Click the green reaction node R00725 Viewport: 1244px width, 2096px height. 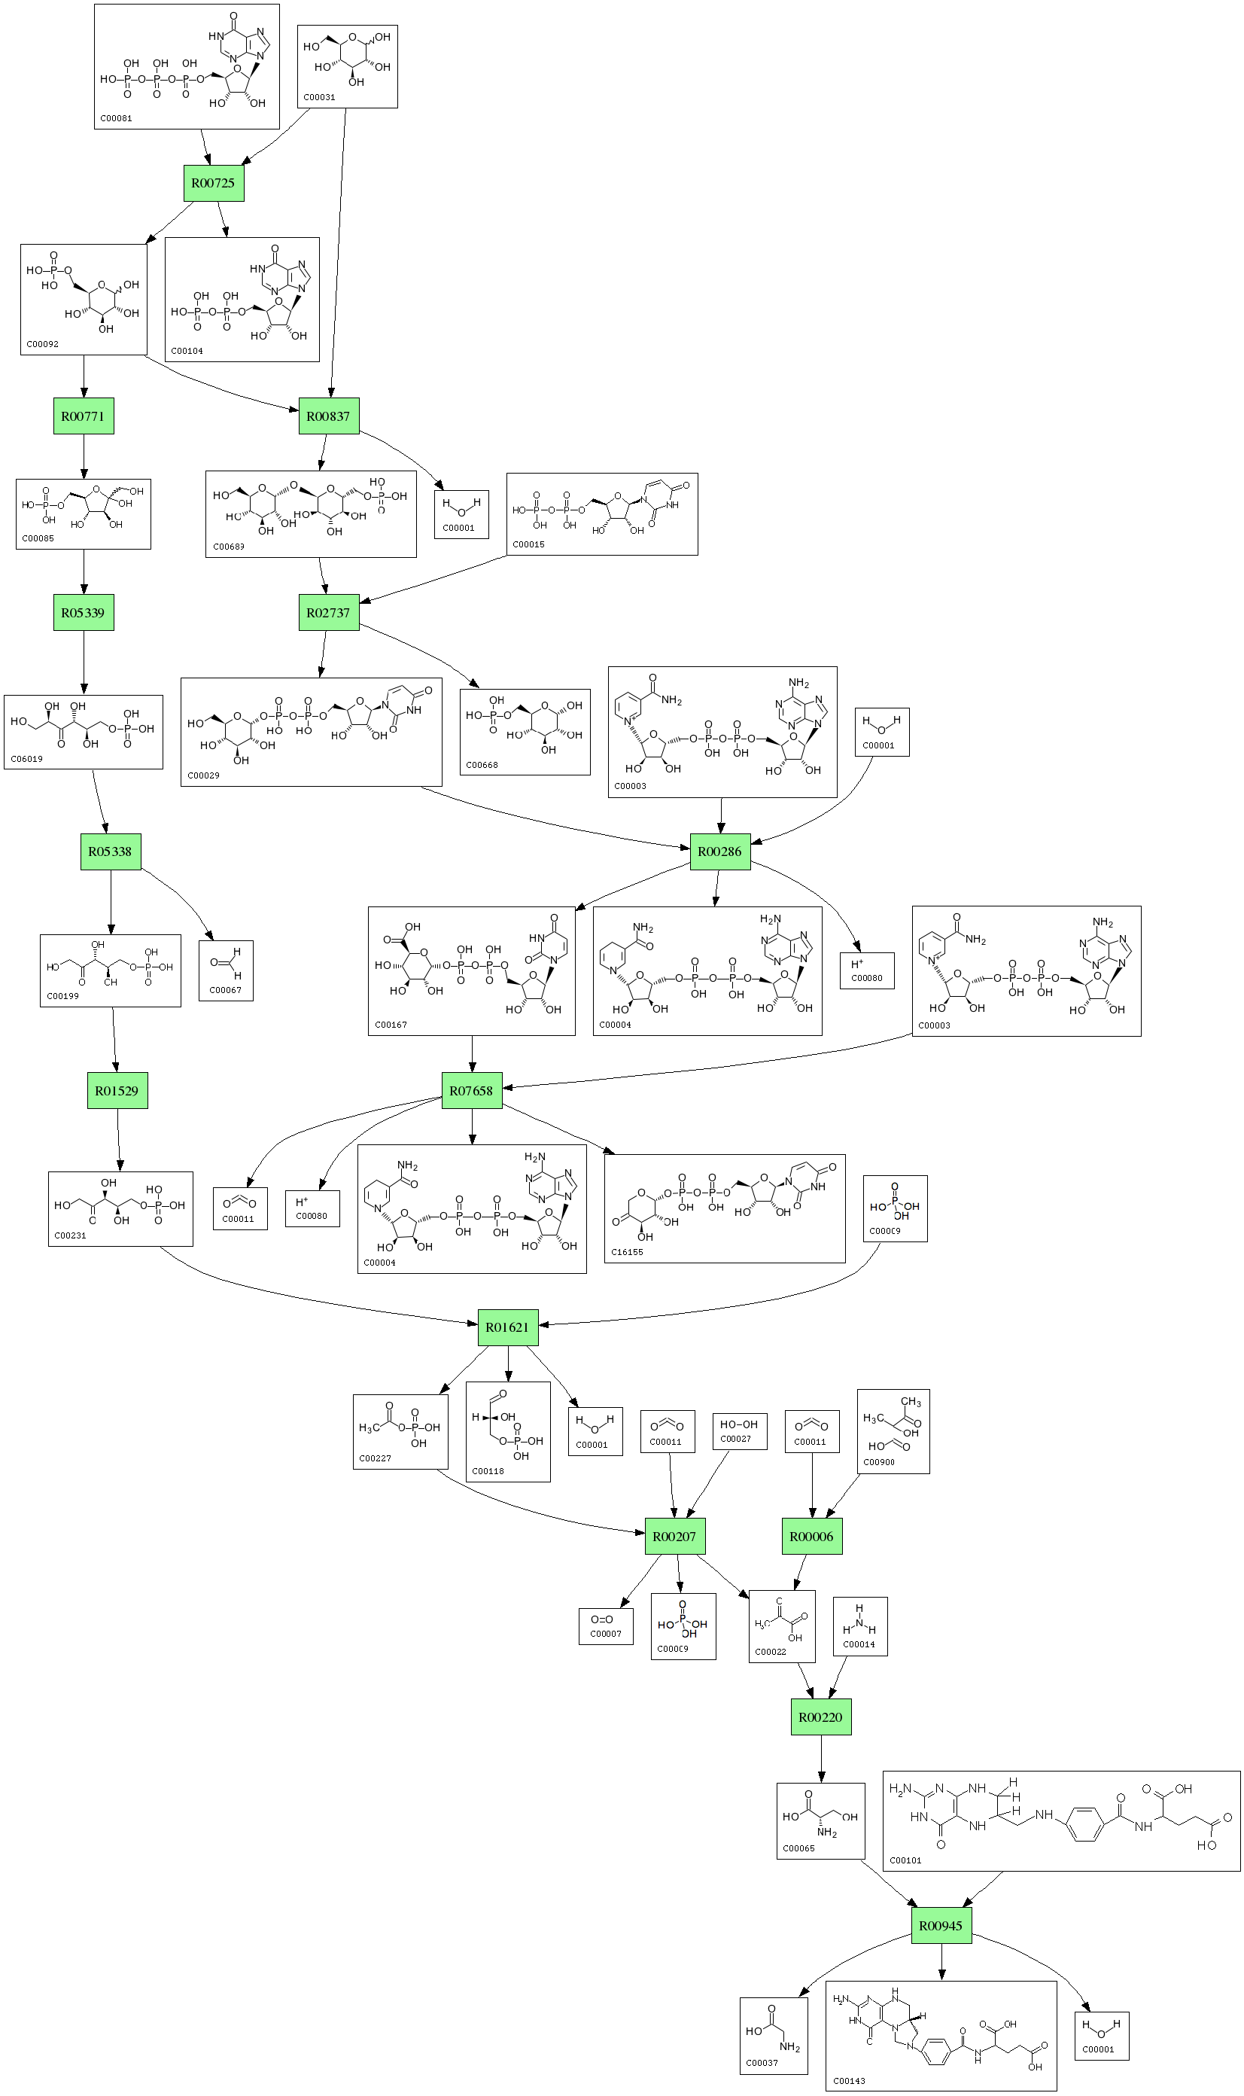[x=214, y=184]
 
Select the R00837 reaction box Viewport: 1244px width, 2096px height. [x=329, y=416]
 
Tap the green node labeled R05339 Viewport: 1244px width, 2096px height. [x=84, y=613]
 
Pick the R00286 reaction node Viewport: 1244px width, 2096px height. [x=720, y=851]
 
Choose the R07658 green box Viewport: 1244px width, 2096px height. [x=472, y=1091]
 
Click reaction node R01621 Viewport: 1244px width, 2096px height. [x=508, y=1327]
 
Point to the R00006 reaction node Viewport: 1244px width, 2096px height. [x=811, y=1537]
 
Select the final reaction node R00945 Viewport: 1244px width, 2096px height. [x=941, y=1926]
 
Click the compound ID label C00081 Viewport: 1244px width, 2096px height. [x=116, y=118]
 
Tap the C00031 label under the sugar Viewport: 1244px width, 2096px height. [x=319, y=97]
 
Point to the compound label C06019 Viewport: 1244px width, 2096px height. [x=27, y=759]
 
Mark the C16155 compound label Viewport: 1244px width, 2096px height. [x=627, y=1252]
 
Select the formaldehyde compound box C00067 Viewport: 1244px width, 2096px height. [x=226, y=970]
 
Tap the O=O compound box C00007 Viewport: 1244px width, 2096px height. [x=605, y=1626]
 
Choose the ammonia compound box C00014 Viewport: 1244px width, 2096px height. [x=859, y=1626]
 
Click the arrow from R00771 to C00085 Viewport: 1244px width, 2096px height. [x=84, y=456]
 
